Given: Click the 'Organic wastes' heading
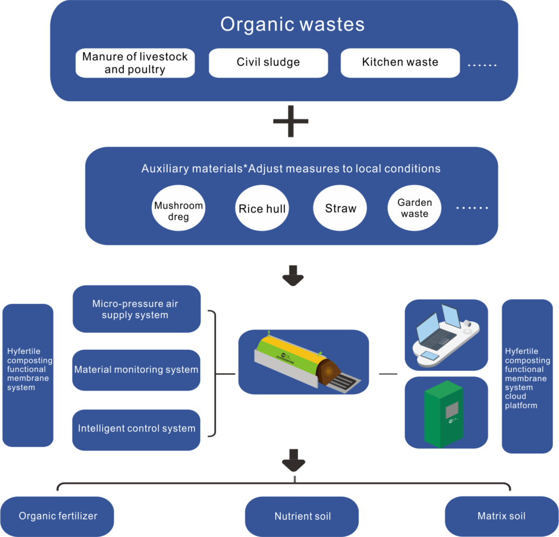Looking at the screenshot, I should pos(292,25).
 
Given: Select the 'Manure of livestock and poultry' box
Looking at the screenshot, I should pos(135,63).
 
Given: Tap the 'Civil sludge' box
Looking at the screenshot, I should pos(268,62).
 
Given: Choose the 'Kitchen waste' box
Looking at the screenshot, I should pos(400,62).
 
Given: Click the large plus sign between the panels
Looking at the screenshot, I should pos(290,120).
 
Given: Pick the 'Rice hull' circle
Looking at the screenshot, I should pos(262,208).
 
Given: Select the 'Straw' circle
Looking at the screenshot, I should pos(340,208).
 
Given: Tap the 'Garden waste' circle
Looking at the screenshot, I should pos(414,208).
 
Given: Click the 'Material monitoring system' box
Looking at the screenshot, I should pos(136,370).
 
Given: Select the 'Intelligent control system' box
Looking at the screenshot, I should pos(136,429).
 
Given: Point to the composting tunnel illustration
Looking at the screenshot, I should pos(303,362).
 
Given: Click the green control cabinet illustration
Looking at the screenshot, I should pos(443,414).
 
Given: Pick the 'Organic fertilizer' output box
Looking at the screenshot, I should pos(58,516).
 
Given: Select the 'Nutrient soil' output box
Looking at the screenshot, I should pos(302,516).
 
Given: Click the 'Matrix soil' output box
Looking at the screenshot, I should pos(501,516).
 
